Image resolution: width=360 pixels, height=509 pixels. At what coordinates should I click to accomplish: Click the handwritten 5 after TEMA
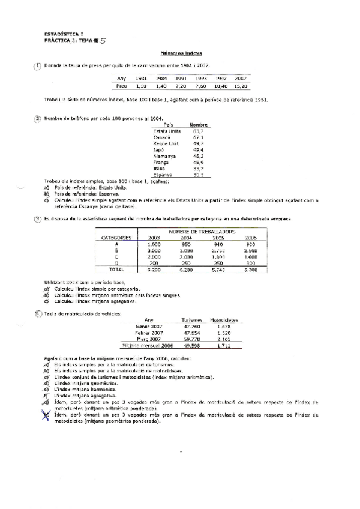coord(104,41)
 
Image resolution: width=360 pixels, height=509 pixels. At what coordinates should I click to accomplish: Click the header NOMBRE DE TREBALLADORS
coord(202,231)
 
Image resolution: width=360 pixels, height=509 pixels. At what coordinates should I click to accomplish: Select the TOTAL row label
coord(116,270)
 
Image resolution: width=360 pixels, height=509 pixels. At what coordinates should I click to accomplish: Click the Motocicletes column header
coord(224,320)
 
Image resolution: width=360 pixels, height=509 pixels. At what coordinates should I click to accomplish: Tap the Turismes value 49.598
coord(192,346)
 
